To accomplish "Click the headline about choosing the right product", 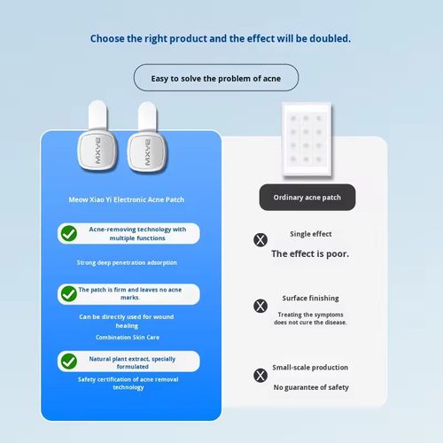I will coord(221,39).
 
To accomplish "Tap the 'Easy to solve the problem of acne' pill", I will coord(215,78).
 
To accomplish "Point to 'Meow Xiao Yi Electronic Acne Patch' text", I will coord(132,200).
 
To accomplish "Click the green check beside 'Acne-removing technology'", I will coord(68,234).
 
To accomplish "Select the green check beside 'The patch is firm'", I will coord(68,293).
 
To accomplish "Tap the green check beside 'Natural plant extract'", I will coord(68,361).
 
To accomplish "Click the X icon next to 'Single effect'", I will coord(260,239).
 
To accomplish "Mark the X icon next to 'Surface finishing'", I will coord(260,305).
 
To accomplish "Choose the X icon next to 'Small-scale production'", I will coord(260,375).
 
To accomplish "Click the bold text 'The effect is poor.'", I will coord(310,253).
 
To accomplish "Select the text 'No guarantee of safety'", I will coord(310,387).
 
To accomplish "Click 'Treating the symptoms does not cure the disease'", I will coord(310,318).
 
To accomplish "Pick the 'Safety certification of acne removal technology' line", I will coord(129,384).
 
